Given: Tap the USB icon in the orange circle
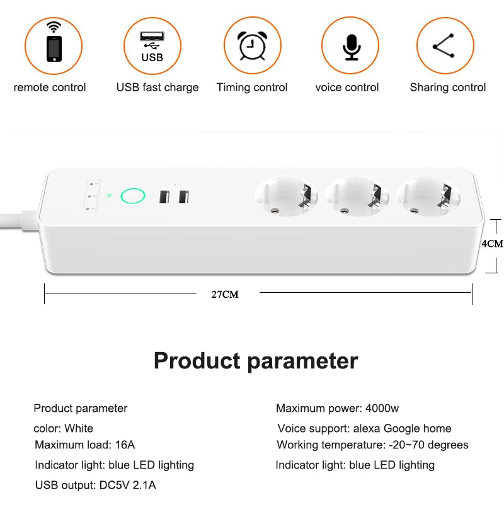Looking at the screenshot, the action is (152, 47).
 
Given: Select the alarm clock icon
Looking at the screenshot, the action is (253, 45).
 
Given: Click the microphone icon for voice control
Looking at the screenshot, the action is (352, 47).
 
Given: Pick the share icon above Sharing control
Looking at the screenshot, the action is (444, 46).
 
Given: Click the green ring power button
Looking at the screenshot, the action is (133, 196).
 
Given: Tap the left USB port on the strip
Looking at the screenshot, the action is (164, 196).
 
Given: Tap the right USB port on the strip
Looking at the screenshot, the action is (183, 196).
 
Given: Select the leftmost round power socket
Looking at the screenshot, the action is (286, 196).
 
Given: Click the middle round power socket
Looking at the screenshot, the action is (357, 196).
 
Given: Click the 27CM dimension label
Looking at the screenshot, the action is (225, 295).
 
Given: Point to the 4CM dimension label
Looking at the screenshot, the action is (492, 244).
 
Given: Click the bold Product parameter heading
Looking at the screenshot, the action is (256, 361).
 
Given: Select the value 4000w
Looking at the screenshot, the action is (382, 408).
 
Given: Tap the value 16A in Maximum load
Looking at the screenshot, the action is (125, 445).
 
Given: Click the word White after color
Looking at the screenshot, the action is (79, 428).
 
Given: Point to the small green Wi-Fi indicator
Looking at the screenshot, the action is (109, 196).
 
